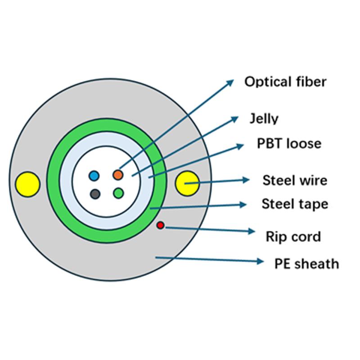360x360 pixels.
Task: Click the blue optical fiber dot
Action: coord(94,175)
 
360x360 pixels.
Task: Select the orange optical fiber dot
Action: coord(118,174)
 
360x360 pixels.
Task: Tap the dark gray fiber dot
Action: coord(94,194)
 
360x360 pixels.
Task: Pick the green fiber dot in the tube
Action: coord(118,193)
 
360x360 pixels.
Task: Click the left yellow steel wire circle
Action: coord(27,184)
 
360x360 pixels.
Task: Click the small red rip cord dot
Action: coord(160,225)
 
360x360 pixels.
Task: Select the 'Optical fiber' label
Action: coord(285,82)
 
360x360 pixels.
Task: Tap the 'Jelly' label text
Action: coord(264,119)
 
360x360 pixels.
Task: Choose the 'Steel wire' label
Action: coord(295,181)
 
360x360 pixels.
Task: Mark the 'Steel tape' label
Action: coord(295,204)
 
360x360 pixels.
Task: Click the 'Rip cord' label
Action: coord(293,236)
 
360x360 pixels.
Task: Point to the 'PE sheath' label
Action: coord(306,263)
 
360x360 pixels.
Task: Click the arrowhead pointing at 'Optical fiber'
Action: coord(230,82)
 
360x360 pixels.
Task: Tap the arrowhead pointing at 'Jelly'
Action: coord(235,118)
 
